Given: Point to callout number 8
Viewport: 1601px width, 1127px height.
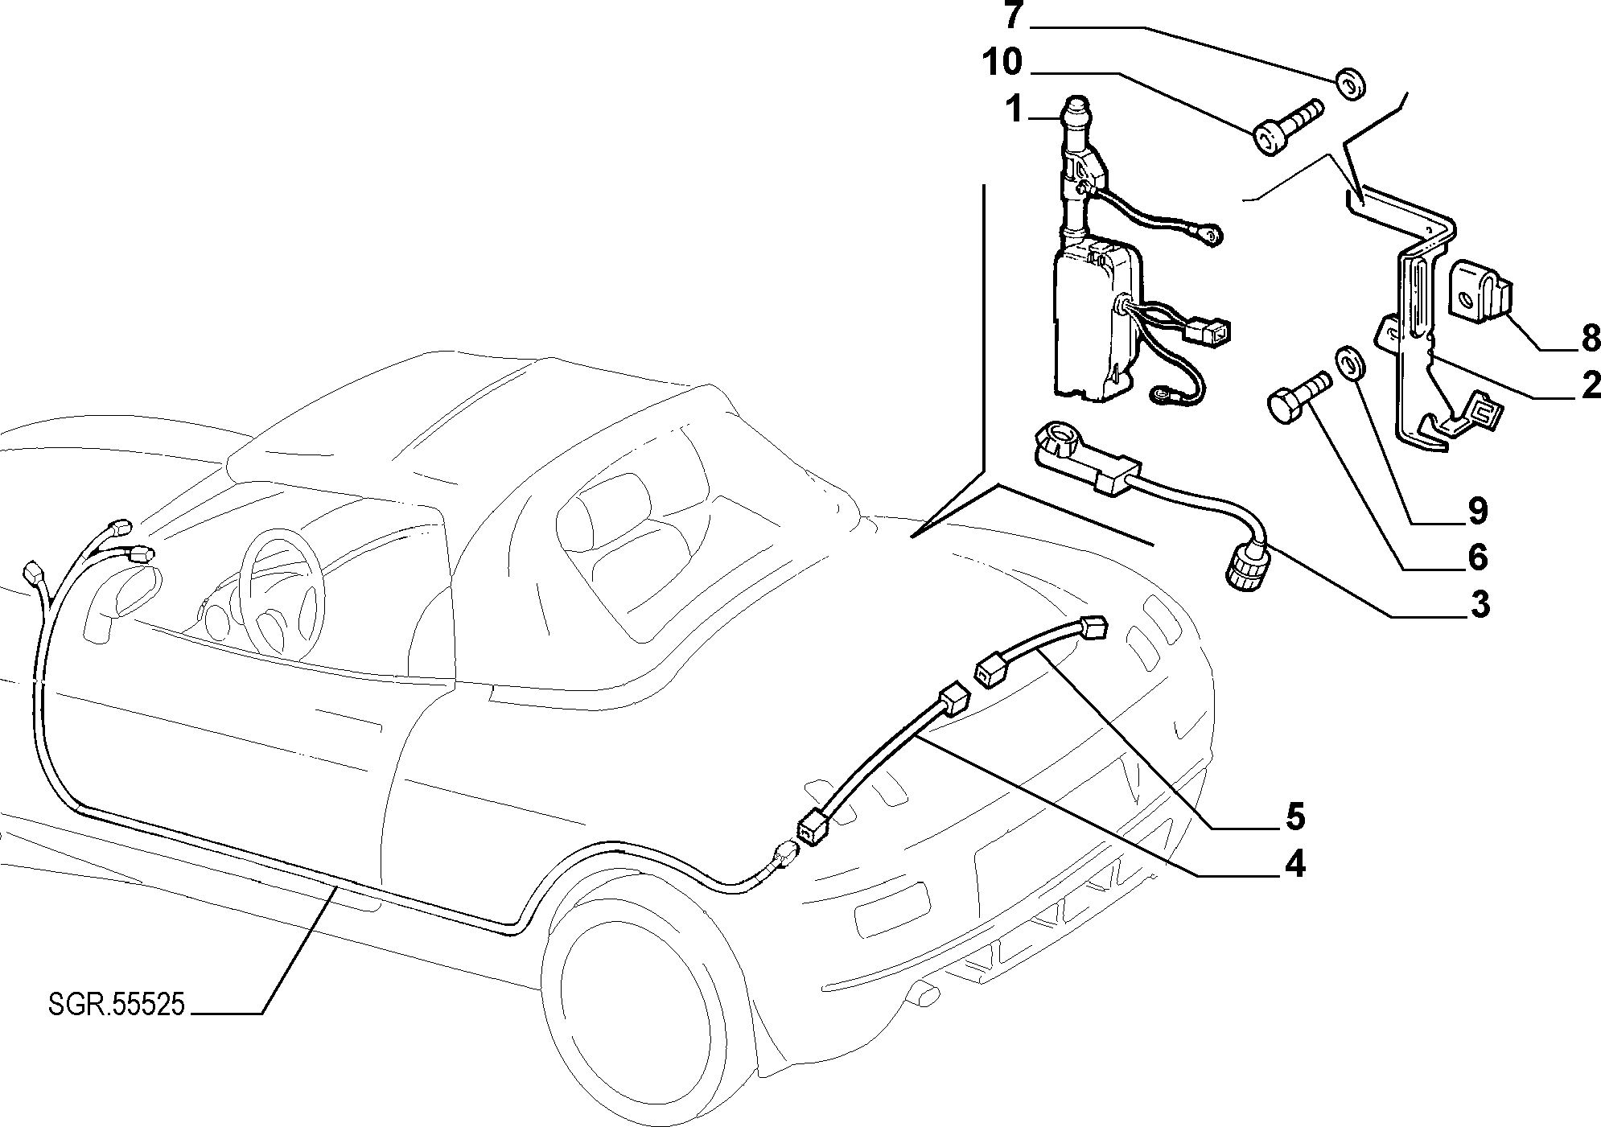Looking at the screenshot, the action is click(x=1589, y=339).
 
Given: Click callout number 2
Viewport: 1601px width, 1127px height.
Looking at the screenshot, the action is click(x=1589, y=386).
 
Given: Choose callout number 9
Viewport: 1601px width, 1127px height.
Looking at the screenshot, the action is click(x=1476, y=510).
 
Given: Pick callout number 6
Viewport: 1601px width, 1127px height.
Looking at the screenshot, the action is click(x=1476, y=557).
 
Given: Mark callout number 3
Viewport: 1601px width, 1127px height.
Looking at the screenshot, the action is click(x=1478, y=604).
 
